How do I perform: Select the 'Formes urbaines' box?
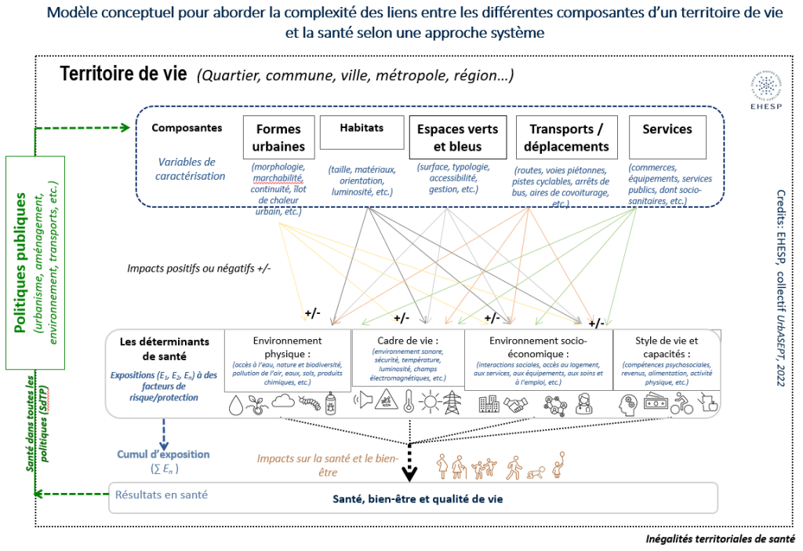point(279,137)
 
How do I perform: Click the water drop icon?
point(237,405)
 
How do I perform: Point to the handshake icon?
point(515,404)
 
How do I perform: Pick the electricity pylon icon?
point(454,403)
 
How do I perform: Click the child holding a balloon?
point(560,465)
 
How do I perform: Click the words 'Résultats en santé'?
point(162,494)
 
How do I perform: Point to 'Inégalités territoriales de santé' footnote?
point(719,538)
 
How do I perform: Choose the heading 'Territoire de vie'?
point(123,75)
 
